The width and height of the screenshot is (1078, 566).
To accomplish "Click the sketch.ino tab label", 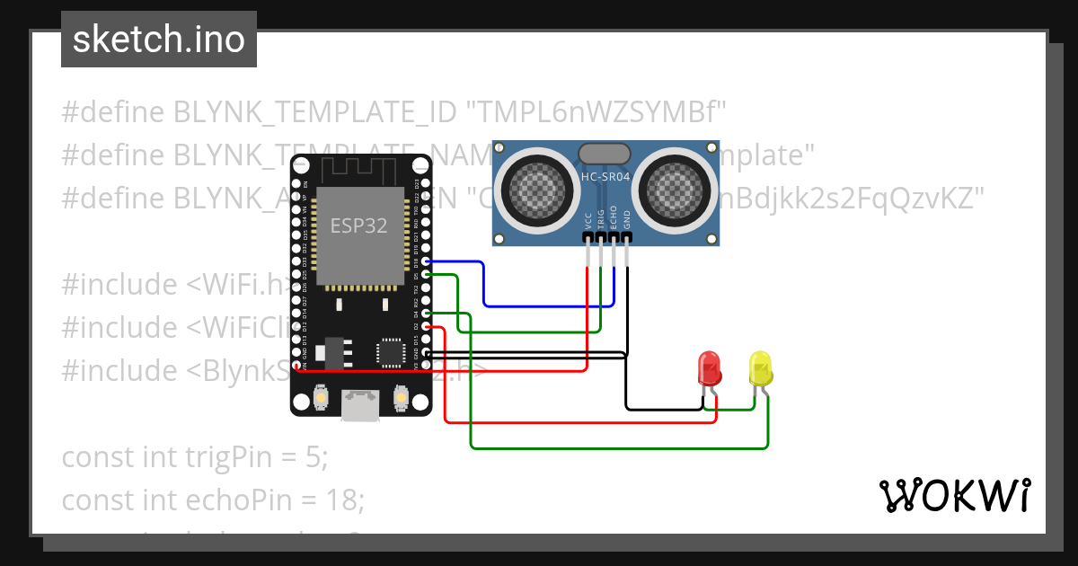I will click(158, 40).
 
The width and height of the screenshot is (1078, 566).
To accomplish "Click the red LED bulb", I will click(710, 368).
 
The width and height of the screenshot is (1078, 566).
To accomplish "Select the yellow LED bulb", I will click(761, 368).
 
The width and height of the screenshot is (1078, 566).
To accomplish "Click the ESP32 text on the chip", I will click(359, 226).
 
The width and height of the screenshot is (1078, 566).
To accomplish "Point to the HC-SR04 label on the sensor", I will click(605, 177).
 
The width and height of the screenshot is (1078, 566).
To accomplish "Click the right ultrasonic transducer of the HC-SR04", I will click(674, 188).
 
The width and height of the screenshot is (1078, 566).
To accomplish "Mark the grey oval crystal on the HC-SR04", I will click(605, 155).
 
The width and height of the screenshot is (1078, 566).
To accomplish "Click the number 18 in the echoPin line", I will click(344, 500).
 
